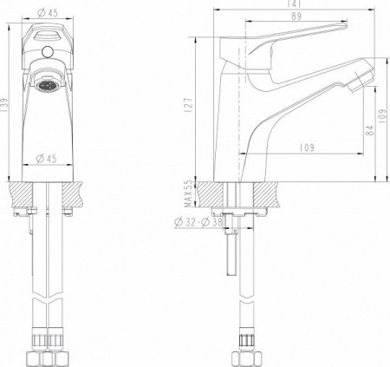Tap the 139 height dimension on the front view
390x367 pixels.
pyautogui.click(x=6, y=103)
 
